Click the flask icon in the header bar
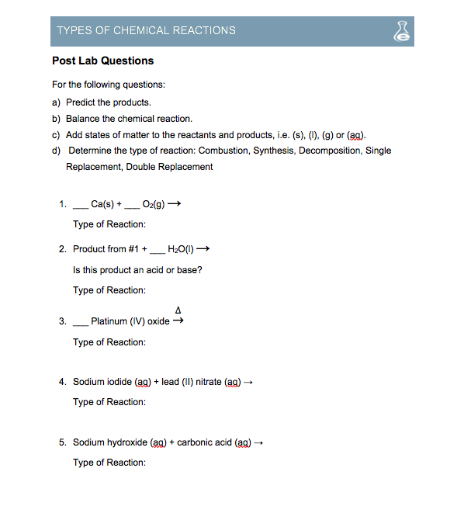[x=401, y=30]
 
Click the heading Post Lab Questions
[x=102, y=61]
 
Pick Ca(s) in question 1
[x=102, y=205]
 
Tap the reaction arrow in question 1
[x=175, y=205]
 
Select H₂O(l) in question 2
[x=182, y=249]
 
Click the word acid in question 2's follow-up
[x=160, y=270]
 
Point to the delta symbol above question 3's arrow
[x=178, y=310]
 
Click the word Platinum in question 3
[x=108, y=321]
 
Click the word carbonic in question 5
[x=196, y=442]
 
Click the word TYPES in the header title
[x=72, y=30]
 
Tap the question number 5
[x=62, y=442]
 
